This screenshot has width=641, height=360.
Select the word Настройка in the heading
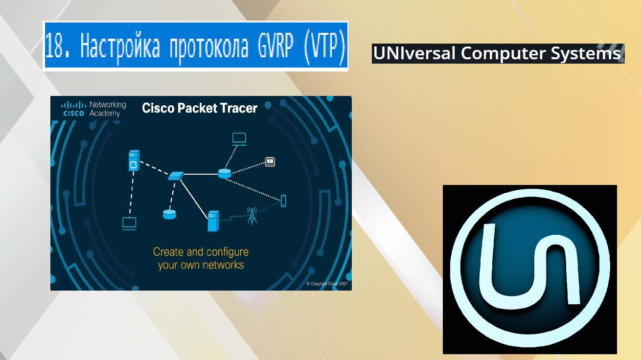pos(120,46)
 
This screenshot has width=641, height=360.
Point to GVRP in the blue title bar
pos(274,46)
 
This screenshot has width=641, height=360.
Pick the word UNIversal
pos(414,53)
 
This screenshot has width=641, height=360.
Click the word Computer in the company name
pos(503,53)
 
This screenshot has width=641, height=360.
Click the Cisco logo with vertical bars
pos(73,108)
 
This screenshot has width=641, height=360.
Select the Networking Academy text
pos(108,109)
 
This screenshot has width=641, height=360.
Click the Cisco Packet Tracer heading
pos(200,108)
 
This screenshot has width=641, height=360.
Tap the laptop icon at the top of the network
pos(239,138)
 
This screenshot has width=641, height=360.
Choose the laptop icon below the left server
pos(129,224)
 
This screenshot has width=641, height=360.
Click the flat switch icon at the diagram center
pos(176,175)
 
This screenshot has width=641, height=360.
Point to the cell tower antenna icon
pos(252,216)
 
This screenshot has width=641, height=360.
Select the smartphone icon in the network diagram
pos(283,201)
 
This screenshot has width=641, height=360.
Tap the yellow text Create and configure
pos(201,252)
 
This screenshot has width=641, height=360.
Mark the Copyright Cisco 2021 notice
pos(327,284)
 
